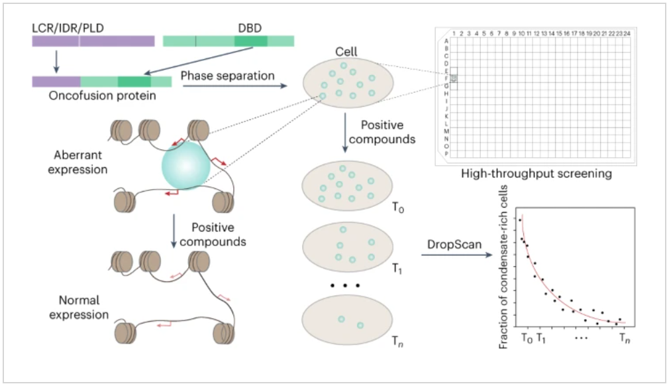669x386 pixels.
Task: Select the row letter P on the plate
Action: [x=446, y=153]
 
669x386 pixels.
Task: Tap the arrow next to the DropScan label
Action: [x=451, y=255]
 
